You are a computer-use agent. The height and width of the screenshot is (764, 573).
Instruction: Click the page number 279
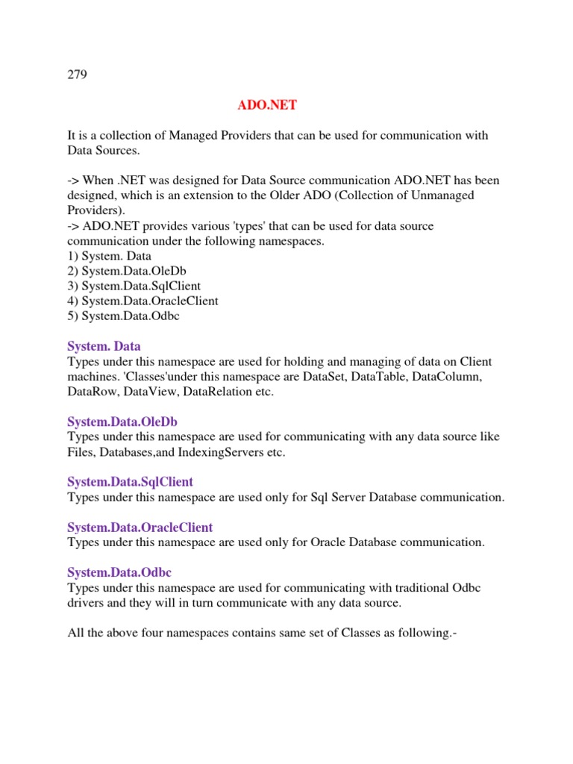coord(78,75)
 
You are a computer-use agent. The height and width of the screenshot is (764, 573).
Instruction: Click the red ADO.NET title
coord(267,105)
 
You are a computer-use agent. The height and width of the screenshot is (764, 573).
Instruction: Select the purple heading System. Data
coord(104,346)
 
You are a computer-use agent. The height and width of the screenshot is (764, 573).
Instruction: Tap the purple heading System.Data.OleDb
coord(122,422)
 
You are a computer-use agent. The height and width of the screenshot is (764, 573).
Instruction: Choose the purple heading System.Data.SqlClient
coord(130,482)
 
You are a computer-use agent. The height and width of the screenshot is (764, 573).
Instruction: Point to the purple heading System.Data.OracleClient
coord(140,527)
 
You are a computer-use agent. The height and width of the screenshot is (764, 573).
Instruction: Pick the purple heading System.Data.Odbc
coord(119,572)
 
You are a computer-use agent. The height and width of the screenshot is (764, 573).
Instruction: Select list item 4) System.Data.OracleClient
coord(143,301)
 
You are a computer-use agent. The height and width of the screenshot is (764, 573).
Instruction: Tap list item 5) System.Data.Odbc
coord(123,316)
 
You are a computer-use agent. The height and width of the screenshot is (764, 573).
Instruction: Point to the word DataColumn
coord(447,377)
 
